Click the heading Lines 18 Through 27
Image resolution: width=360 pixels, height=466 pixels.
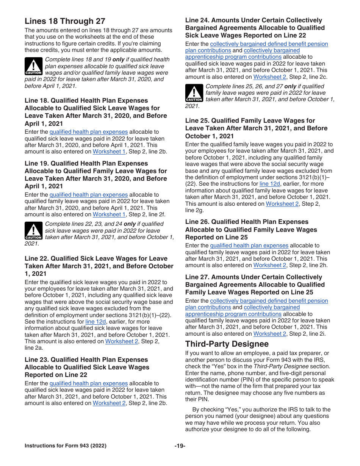65,21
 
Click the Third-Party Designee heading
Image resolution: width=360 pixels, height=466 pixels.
227,344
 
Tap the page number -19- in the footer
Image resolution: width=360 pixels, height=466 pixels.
180,446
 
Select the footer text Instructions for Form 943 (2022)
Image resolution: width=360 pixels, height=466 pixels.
65,446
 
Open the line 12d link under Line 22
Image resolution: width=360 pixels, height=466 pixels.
95,322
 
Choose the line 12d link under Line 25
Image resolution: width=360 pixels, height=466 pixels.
270,184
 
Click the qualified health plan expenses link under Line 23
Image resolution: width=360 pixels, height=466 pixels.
89,383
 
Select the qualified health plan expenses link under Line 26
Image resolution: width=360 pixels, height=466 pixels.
249,246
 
